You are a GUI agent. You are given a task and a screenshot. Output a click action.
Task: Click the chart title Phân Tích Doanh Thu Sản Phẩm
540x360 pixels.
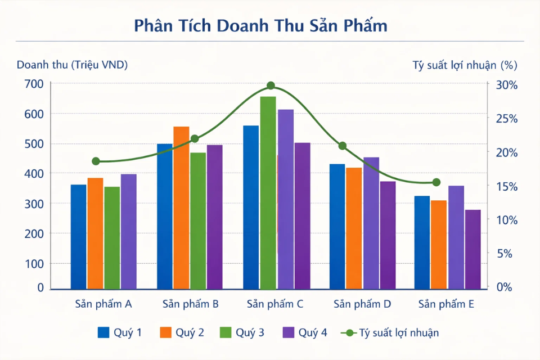260,26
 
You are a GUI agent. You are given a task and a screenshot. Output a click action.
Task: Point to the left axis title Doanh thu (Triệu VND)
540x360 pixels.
72,65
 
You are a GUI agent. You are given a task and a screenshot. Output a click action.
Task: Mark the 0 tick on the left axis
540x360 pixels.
40,287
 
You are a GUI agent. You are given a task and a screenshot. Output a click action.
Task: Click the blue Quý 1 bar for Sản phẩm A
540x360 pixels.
79,236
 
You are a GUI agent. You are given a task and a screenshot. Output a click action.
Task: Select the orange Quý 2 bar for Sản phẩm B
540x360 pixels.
181,208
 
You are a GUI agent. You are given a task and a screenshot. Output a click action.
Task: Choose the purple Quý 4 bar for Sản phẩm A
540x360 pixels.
129,231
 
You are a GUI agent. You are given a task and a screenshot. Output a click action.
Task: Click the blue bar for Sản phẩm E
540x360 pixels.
422,242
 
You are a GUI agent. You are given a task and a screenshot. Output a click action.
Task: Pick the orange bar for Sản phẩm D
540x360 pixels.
354,228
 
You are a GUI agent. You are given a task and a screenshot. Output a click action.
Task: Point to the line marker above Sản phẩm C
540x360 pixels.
271,85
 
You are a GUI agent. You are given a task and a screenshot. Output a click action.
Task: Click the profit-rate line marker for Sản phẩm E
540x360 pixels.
436,182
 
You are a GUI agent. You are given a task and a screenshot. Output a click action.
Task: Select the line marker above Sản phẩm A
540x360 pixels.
96,161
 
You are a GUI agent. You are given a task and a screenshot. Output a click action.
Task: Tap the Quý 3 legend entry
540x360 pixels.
242,332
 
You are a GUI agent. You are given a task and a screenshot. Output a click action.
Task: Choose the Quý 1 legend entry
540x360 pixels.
120,332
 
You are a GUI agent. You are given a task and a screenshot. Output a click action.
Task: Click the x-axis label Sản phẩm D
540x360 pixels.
362,304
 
